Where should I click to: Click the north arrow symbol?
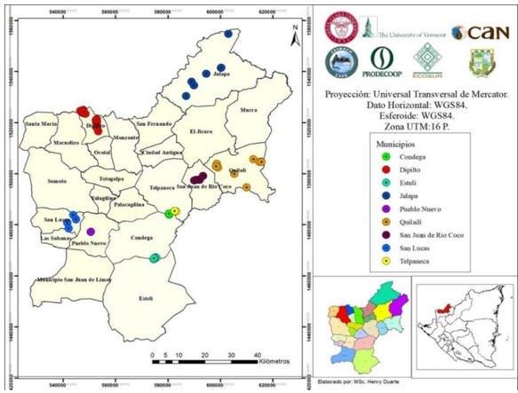(292, 34)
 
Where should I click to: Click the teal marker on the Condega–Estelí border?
(155, 258)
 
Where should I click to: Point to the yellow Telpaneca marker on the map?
(175, 211)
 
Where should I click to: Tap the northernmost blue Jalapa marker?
(228, 34)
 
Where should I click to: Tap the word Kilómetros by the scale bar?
(283, 362)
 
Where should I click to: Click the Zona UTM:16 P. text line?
(411, 127)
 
